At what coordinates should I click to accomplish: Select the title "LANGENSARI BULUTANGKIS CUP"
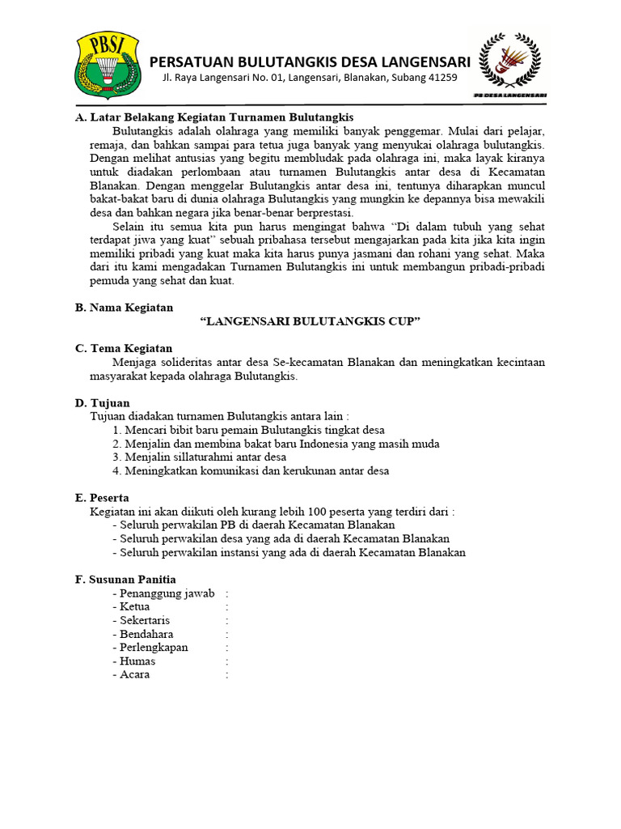click(311, 321)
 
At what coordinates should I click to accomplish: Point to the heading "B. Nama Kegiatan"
click(124, 308)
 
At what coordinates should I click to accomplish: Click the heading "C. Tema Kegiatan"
click(124, 348)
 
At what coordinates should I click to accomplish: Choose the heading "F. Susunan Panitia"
click(125, 580)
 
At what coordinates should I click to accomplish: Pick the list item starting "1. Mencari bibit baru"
click(249, 430)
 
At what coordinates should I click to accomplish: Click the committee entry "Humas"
click(137, 661)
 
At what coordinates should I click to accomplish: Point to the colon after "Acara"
click(227, 674)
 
